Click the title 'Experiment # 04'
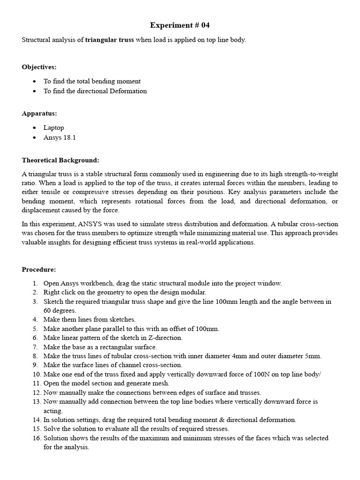(x=180, y=25)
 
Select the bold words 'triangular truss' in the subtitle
(x=110, y=40)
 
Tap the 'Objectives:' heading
(x=39, y=67)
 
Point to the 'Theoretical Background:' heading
(x=60, y=160)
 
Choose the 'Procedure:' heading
(x=39, y=270)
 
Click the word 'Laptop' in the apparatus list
(x=54, y=127)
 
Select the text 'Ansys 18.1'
(x=60, y=137)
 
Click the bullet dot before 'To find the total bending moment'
(x=35, y=82)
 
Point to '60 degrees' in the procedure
(x=60, y=310)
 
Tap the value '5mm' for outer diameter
(x=313, y=356)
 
